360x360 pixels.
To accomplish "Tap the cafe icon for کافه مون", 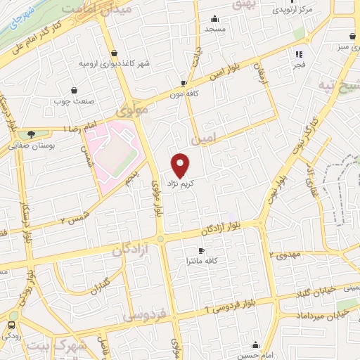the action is pyautogui.click(x=184, y=82).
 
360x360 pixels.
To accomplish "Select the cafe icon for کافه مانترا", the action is pyautogui.click(x=202, y=250).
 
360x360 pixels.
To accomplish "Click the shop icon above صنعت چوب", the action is pyautogui.click(x=75, y=90).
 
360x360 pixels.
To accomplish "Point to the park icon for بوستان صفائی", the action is pyautogui.click(x=30, y=134).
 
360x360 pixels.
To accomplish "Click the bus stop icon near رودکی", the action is pyautogui.click(x=11, y=325).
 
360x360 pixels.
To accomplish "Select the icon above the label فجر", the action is pyautogui.click(x=299, y=53).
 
